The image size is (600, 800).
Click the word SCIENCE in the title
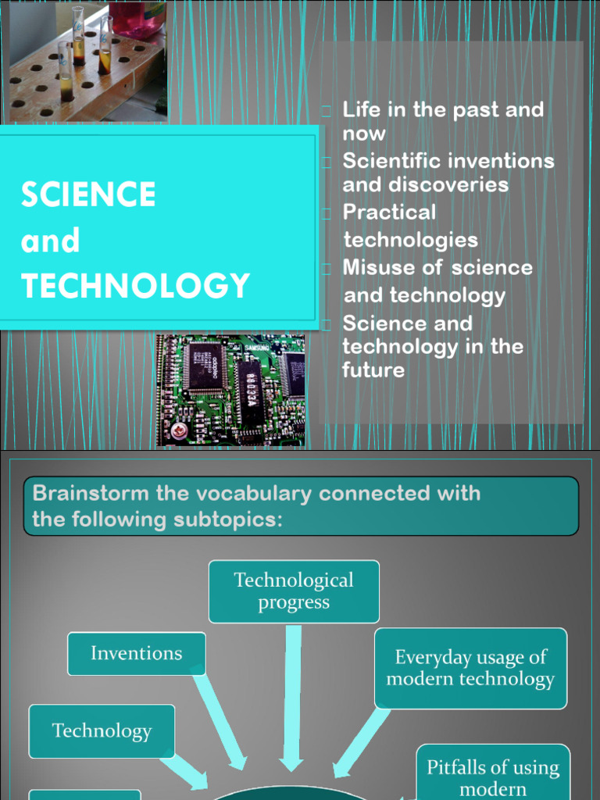pos(88,195)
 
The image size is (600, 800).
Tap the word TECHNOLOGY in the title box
pos(135,286)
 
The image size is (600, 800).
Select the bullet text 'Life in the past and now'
pos(442,121)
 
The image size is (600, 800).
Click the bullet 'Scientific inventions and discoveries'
pos(448,173)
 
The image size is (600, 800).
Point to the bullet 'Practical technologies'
pos(410,225)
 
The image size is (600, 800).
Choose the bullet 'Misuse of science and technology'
pos(437,281)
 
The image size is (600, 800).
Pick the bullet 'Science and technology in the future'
pos(432,346)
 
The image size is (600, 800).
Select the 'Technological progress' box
pos(294,591)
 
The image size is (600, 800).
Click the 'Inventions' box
pos(137,653)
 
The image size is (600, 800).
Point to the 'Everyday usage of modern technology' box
pos(470,668)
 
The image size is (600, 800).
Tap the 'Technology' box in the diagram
pos(102,731)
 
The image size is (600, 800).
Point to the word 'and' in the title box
pos(50,241)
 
